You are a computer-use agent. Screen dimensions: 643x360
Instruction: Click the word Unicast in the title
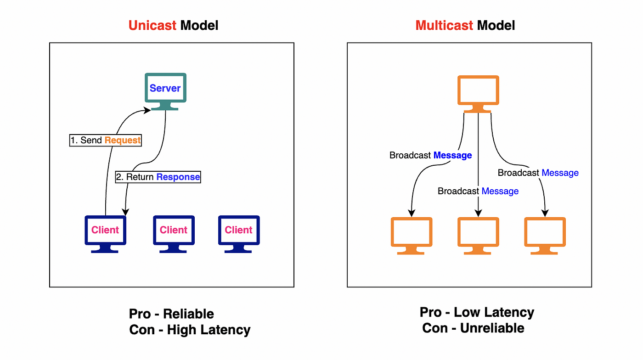152,26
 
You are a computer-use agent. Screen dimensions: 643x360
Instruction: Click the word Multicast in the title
444,26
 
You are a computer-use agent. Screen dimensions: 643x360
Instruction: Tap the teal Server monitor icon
165,91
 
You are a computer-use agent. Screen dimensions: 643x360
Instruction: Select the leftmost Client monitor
105,234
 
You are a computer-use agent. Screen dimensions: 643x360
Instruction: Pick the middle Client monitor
174,234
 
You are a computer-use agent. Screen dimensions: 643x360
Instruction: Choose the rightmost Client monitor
239,234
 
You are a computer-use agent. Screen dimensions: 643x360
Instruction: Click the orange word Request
122,141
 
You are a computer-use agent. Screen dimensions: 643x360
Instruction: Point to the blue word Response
178,177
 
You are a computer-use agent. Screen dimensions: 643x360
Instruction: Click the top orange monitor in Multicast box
478,94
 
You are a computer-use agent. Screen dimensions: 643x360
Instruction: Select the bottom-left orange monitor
412,236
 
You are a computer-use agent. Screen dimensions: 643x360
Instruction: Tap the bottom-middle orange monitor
478,236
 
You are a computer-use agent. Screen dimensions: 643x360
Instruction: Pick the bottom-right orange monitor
545,236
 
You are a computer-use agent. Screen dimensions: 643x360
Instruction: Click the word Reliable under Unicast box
188,314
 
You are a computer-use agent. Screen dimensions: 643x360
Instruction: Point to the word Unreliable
492,328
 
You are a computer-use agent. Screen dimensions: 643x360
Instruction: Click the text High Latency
209,330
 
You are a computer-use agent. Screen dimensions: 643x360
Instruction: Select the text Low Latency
494,312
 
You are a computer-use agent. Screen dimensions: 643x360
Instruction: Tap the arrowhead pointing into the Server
147,110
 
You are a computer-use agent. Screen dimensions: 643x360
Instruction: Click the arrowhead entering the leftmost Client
125,212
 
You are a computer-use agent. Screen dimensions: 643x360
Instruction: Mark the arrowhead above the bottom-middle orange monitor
478,213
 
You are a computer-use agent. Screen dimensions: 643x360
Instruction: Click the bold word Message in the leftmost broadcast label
452,155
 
